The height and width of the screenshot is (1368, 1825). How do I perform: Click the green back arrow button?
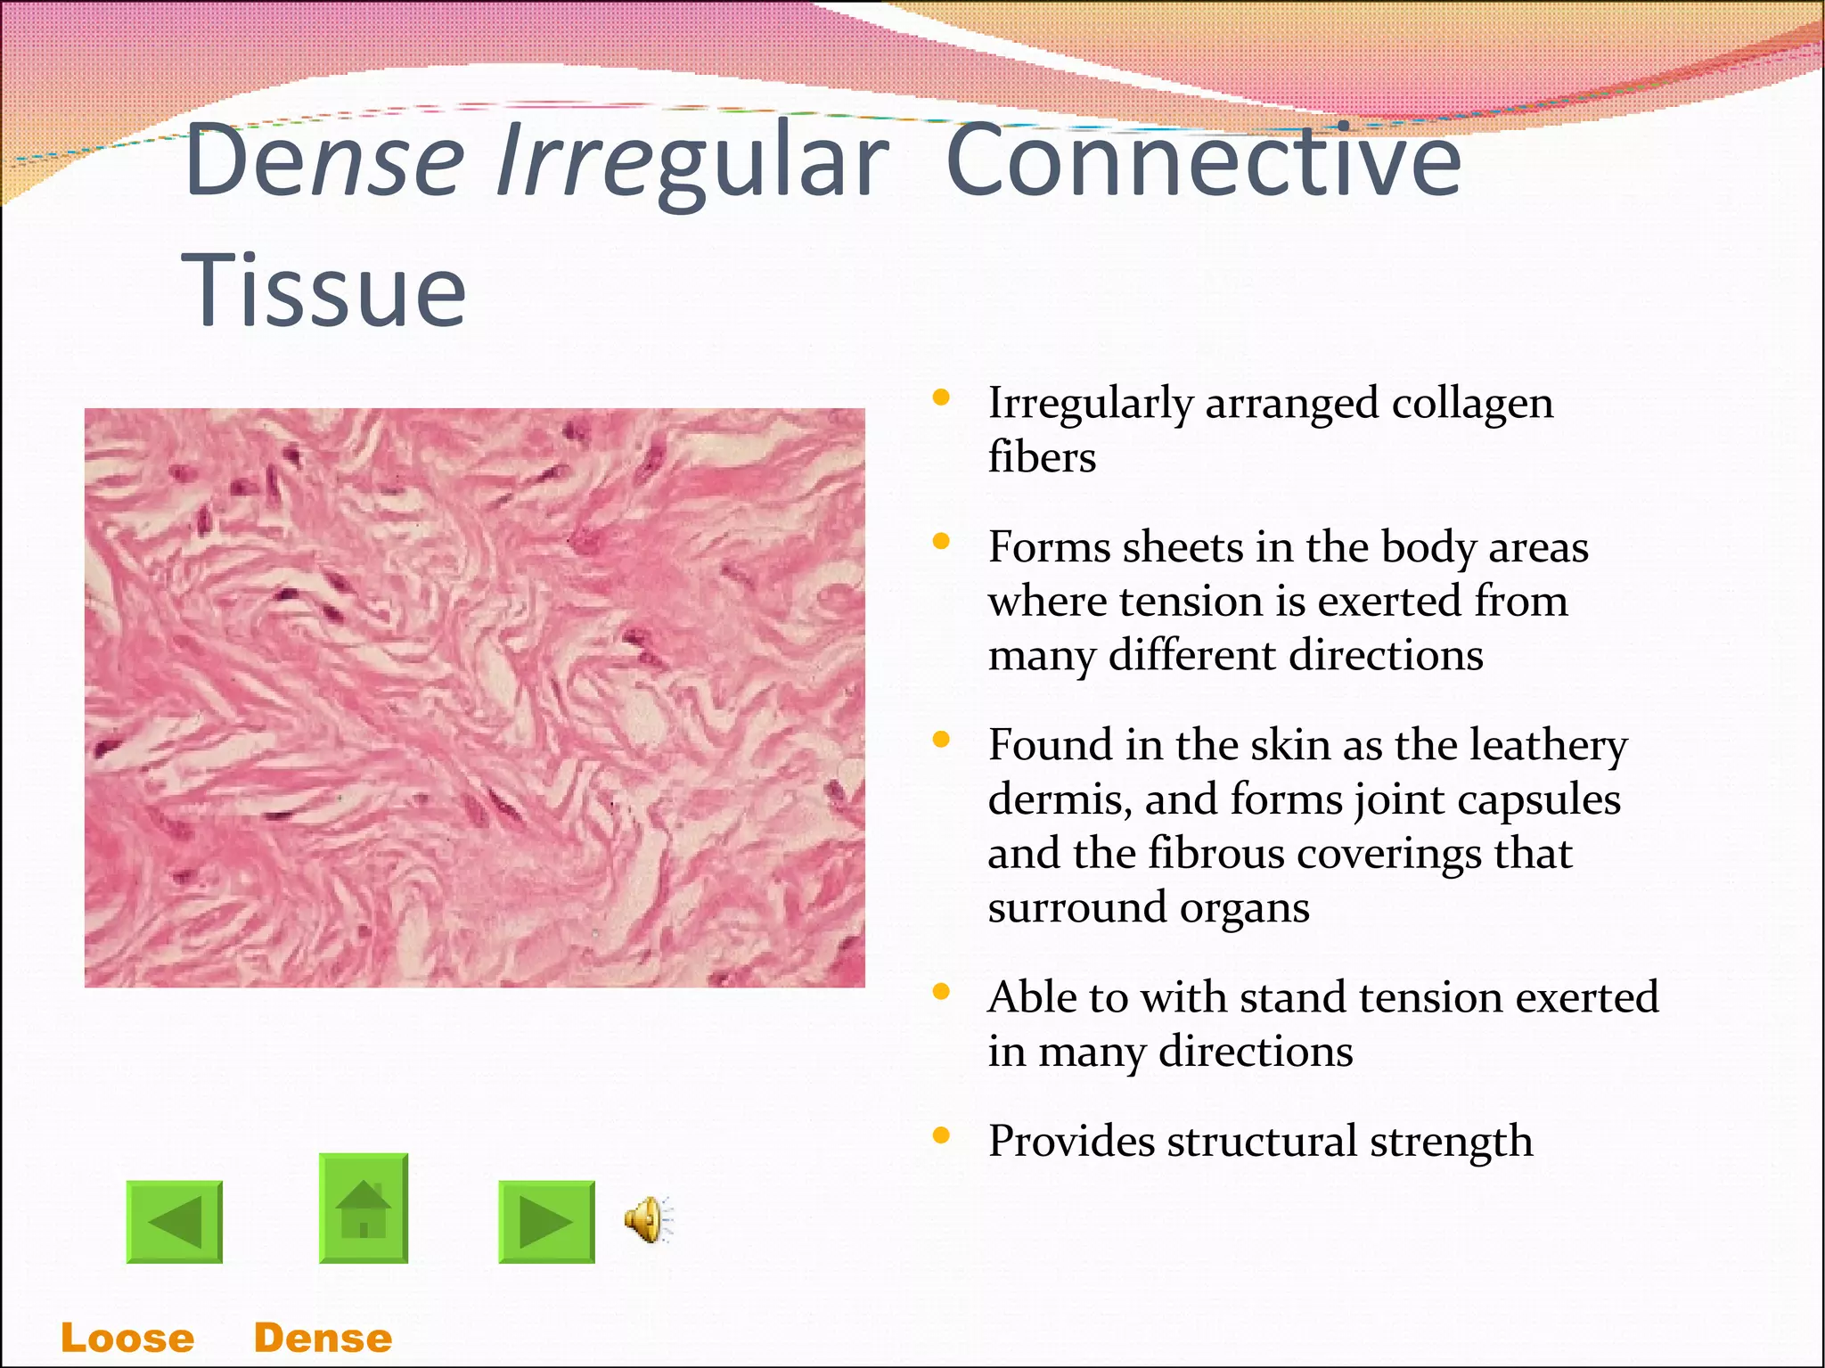click(175, 1222)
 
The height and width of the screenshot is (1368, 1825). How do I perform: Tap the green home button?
click(364, 1208)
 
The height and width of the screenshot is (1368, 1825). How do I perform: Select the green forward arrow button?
click(546, 1222)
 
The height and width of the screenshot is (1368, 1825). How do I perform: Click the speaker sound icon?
click(649, 1219)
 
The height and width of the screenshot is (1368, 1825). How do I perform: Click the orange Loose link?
click(127, 1338)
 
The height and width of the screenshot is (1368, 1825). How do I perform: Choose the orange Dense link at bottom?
click(323, 1338)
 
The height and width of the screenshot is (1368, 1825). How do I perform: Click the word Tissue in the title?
click(324, 291)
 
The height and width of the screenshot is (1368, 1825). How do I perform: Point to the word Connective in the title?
click(1203, 160)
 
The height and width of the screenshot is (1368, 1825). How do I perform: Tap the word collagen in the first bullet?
click(1472, 404)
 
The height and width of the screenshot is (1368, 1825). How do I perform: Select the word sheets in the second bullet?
click(1182, 547)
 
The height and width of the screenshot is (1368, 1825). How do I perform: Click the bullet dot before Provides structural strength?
click(941, 1135)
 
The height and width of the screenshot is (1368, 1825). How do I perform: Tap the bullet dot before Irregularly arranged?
click(941, 397)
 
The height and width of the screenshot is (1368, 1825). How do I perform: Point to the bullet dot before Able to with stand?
click(941, 992)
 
